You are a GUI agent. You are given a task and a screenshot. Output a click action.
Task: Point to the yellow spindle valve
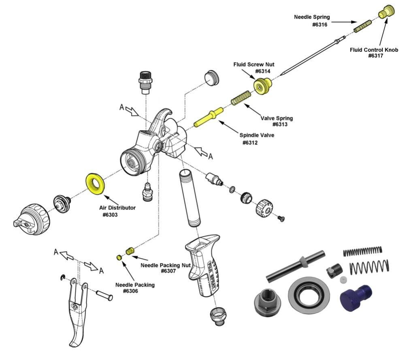(x=208, y=117)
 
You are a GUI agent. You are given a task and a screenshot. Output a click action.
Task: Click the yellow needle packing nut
(x=130, y=251)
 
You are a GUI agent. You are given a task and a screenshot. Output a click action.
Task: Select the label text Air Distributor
(x=117, y=208)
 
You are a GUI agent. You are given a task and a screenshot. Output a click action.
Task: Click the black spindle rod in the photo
(x=296, y=265)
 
